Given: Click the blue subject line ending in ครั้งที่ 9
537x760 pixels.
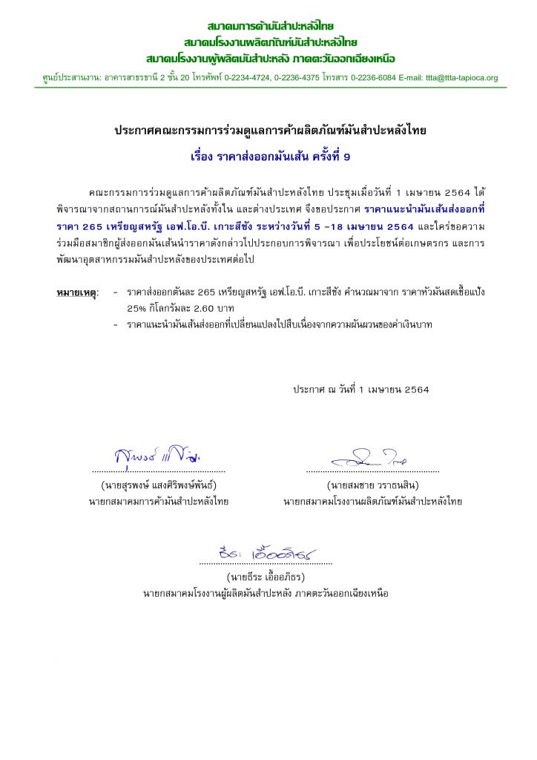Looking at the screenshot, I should pos(268,157).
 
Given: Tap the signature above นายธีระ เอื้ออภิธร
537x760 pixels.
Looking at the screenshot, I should pos(264,552).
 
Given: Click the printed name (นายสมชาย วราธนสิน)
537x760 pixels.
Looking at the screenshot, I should pos(372,486).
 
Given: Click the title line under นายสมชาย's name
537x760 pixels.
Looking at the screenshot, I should pos(372,502).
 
